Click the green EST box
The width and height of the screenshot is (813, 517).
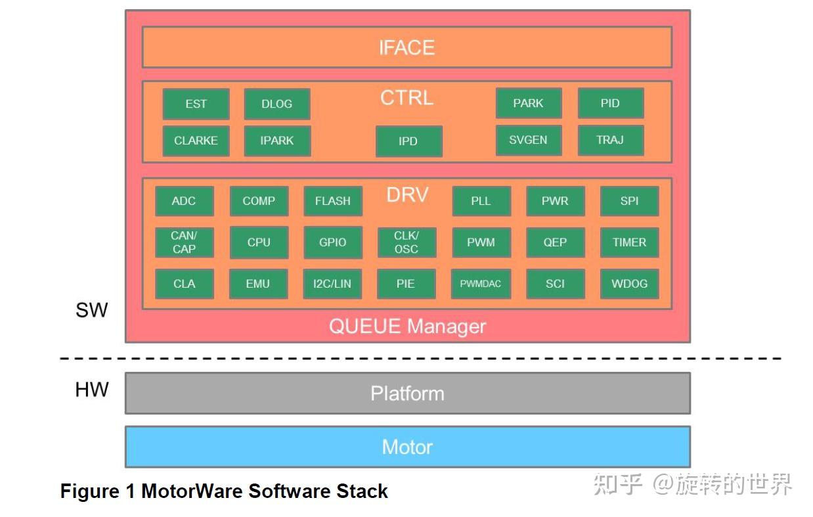(196, 104)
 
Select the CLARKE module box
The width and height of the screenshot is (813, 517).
(196, 141)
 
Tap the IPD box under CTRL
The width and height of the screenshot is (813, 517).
(409, 141)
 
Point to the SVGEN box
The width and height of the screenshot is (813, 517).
(529, 140)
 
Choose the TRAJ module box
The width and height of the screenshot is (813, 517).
(611, 140)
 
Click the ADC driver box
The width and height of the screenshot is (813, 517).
(185, 201)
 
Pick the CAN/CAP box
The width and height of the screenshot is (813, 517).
(185, 242)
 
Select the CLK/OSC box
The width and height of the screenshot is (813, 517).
(407, 242)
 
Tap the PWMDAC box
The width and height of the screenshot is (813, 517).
(481, 284)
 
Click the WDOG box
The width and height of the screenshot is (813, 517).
(630, 284)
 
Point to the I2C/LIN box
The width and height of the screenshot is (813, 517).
(332, 284)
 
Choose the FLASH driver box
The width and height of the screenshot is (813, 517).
(333, 201)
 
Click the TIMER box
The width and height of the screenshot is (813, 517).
(630, 242)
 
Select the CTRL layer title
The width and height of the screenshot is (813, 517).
(407, 98)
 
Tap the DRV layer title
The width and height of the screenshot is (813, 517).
(407, 194)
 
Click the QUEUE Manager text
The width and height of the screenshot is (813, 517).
(407, 326)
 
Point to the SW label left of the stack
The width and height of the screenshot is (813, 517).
(92, 310)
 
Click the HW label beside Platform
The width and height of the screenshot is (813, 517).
(92, 390)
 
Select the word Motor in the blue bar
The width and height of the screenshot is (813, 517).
(407, 447)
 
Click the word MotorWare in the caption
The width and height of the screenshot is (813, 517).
(192, 491)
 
